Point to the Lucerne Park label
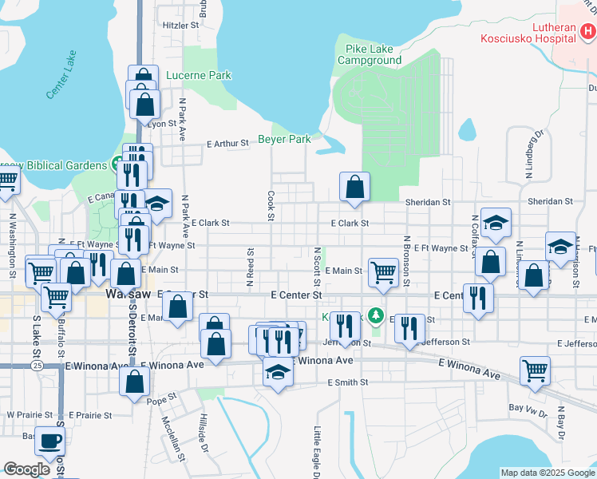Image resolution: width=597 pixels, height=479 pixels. point(199,76)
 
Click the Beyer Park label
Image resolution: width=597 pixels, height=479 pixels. point(284,139)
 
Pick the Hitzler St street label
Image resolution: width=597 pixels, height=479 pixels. point(180,26)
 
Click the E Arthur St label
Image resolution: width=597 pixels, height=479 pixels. point(227,144)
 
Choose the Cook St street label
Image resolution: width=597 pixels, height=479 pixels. point(271,205)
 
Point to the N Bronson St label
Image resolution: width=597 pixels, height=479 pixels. point(406,260)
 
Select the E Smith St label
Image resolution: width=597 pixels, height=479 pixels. point(348,382)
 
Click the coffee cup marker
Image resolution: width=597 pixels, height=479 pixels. point(52,440)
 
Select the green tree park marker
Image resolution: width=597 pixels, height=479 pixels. point(376,315)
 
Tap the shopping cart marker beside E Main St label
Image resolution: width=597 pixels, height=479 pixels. point(383,271)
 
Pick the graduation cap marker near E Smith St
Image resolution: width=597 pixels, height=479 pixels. point(278,372)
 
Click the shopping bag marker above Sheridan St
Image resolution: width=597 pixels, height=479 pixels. point(354,186)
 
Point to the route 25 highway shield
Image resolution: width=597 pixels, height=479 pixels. point(38,365)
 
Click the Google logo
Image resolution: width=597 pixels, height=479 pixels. point(27,469)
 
